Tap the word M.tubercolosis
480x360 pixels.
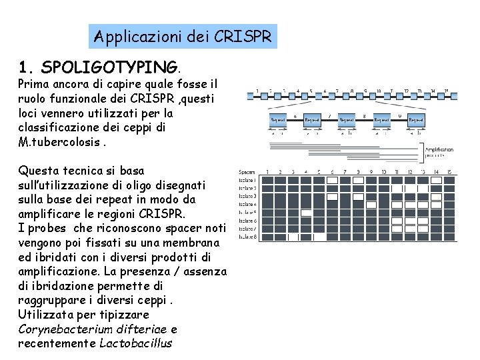[x=59, y=142]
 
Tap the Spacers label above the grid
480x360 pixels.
[x=247, y=172]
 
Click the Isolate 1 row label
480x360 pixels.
[x=247, y=181]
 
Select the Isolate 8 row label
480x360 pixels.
[x=247, y=236]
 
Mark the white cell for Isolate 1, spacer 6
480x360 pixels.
[x=331, y=181]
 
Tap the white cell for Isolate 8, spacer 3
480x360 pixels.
[x=293, y=236]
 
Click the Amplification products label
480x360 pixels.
[x=438, y=153]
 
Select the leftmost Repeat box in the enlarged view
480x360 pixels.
[x=277, y=119]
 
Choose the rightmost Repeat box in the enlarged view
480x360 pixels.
[x=416, y=119]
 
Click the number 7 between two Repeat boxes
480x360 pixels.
[x=329, y=115]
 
